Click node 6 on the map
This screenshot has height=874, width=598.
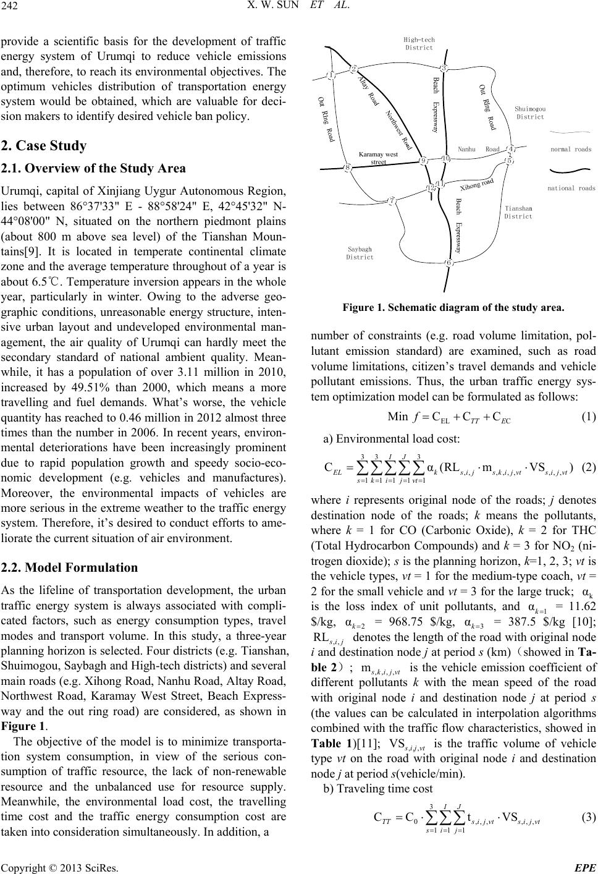click(450, 263)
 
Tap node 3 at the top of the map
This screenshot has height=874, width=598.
click(444, 67)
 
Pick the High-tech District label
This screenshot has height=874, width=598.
click(419, 44)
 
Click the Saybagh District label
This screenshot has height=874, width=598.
click(360, 253)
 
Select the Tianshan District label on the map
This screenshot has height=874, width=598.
click(518, 213)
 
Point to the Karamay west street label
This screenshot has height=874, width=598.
click(378, 158)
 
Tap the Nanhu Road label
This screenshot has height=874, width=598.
click(479, 149)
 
